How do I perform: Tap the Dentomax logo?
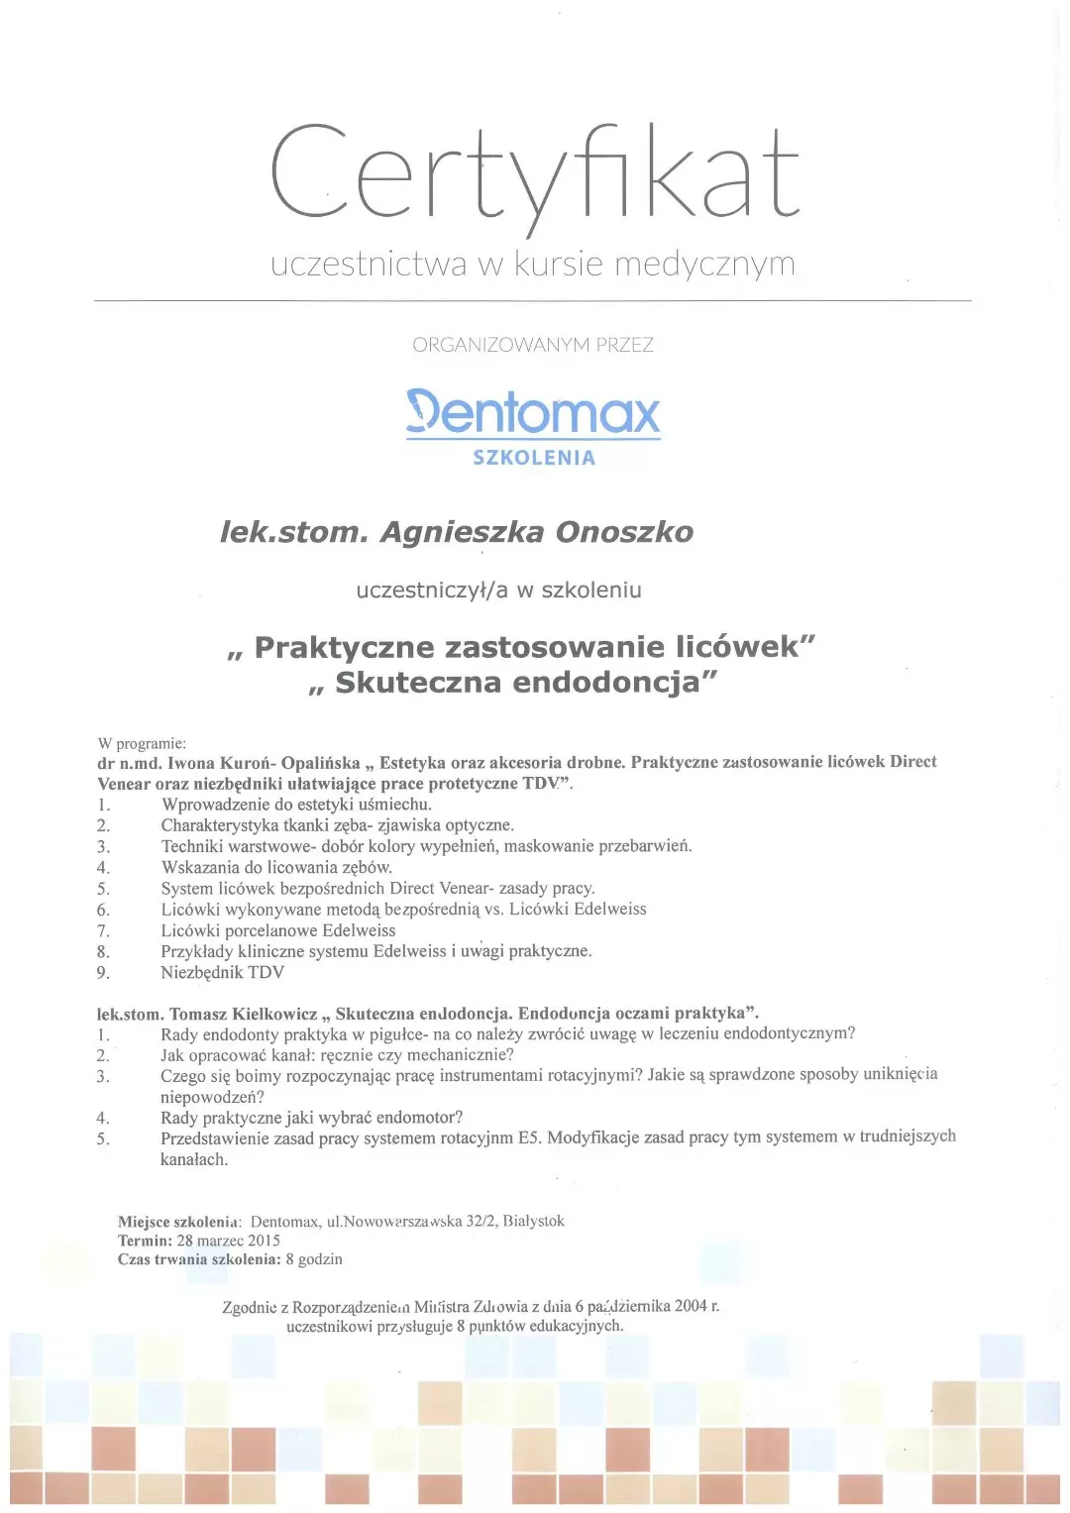click(x=533, y=412)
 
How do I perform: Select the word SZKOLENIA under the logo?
click(x=534, y=458)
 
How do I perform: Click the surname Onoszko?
click(x=624, y=532)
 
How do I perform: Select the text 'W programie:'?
click(x=142, y=743)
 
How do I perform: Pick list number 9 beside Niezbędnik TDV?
click(x=103, y=973)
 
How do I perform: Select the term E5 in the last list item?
click(x=529, y=1137)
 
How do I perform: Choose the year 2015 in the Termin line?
click(x=264, y=1241)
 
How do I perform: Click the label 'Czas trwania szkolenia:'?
click(x=199, y=1259)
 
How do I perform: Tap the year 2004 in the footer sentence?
click(x=691, y=1306)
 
